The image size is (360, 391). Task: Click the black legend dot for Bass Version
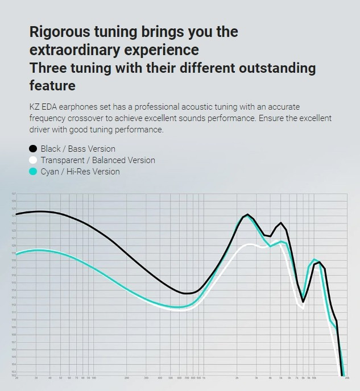pos(33,149)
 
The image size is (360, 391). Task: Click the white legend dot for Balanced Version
pos(33,160)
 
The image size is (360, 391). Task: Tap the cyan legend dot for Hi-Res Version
pos(33,171)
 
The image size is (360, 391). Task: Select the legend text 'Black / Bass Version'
pos(78,149)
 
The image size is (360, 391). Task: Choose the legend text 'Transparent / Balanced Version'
pos(97,160)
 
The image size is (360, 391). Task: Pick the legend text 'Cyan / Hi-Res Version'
pos(80,171)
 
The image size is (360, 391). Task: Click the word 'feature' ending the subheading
pos(52,86)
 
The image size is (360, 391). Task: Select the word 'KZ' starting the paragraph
pos(35,107)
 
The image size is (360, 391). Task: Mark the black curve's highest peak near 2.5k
pos(248,215)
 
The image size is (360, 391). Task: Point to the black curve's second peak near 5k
pos(281,223)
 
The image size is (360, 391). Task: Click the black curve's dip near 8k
pos(304,301)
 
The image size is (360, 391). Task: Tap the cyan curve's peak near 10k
pos(314,260)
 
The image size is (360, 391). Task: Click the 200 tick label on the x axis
pos(127,378)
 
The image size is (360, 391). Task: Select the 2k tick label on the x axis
pos(237,378)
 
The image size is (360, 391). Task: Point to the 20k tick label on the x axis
pos(347,378)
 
